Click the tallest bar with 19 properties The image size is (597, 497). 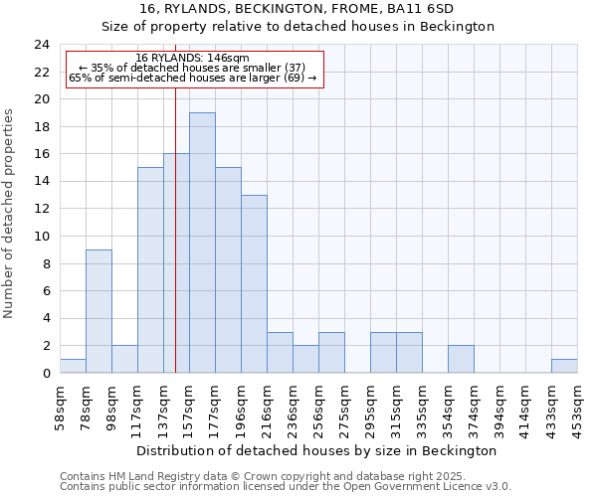[202, 243]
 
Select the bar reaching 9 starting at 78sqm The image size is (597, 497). [99, 311]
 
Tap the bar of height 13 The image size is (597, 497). [254, 283]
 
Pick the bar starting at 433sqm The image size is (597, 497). [564, 366]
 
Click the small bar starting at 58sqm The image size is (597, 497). [73, 366]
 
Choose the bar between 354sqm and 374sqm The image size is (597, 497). [461, 359]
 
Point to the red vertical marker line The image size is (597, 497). [175, 248]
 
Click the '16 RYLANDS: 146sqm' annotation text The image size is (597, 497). [193, 59]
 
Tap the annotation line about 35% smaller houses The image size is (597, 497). [193, 68]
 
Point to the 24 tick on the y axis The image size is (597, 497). [41, 45]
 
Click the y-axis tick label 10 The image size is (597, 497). [41, 237]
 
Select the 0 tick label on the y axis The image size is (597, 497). [45, 374]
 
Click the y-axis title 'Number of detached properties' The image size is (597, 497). [10, 213]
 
